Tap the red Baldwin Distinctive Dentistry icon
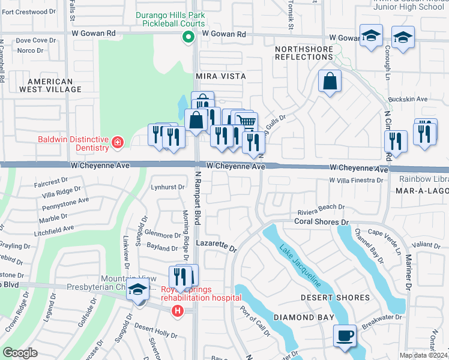(118, 143)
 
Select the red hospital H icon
(177, 310)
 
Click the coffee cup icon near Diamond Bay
(345, 335)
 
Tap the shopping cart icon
(246, 122)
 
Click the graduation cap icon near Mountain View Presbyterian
(138, 289)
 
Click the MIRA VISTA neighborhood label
(221, 76)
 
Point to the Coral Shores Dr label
(321, 222)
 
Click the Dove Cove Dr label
(35, 41)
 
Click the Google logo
(20, 353)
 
